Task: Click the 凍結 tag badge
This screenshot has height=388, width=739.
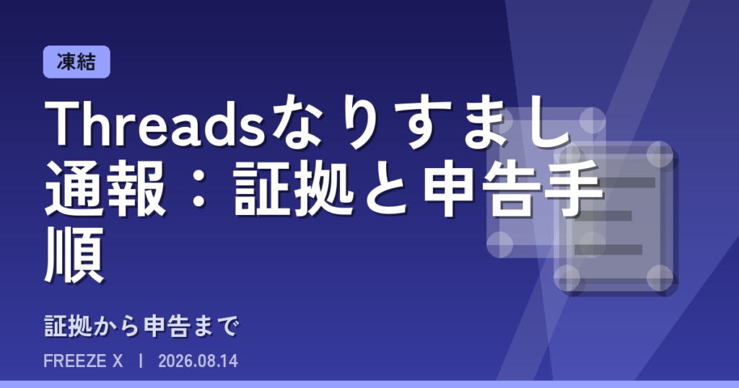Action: click(76, 62)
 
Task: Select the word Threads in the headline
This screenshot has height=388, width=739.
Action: click(155, 124)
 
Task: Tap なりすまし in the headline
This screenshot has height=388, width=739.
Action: click(421, 124)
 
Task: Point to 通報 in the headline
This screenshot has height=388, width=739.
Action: click(105, 189)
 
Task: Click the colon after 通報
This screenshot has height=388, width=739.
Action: click(200, 189)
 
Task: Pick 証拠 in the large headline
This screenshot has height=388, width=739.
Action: click(293, 189)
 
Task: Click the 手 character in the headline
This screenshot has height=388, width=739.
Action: click(573, 189)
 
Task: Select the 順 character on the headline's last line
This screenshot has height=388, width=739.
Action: click(74, 255)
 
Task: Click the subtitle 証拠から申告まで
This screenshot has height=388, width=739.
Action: click(142, 326)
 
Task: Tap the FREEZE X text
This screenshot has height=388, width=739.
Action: click(83, 361)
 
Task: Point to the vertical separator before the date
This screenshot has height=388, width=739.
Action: click(141, 361)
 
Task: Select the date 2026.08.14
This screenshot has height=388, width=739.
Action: click(198, 361)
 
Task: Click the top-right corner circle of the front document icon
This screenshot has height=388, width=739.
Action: click(660, 154)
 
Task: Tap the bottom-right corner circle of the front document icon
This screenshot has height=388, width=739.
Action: click(660, 278)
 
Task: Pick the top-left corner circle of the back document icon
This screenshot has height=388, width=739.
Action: click(499, 120)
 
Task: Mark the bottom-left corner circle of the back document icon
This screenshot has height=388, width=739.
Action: click(499, 245)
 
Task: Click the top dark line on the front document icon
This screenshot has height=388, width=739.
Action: click(615, 182)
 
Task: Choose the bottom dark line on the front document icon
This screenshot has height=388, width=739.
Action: click(608, 250)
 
